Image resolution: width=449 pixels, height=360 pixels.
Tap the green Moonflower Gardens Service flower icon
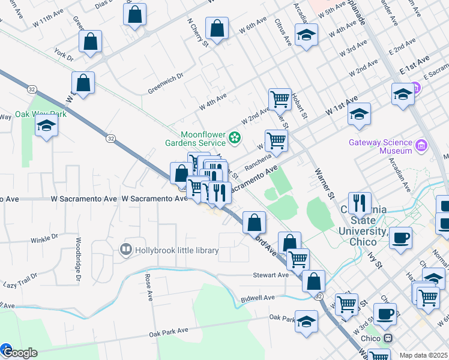click(235, 139)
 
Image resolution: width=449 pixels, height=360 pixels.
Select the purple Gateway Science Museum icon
click(421, 145)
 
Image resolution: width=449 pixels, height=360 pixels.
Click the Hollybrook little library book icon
click(126, 249)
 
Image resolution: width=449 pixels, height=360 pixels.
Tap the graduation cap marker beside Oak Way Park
click(46, 126)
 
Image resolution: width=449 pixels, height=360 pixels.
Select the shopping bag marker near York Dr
click(90, 43)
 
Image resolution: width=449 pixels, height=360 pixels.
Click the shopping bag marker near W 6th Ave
click(217, 28)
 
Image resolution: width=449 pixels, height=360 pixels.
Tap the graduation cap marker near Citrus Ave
click(306, 35)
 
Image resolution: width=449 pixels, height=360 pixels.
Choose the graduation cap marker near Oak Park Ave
click(306, 321)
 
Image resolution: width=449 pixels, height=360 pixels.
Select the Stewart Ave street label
click(271, 275)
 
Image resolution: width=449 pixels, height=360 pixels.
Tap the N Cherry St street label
click(197, 31)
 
